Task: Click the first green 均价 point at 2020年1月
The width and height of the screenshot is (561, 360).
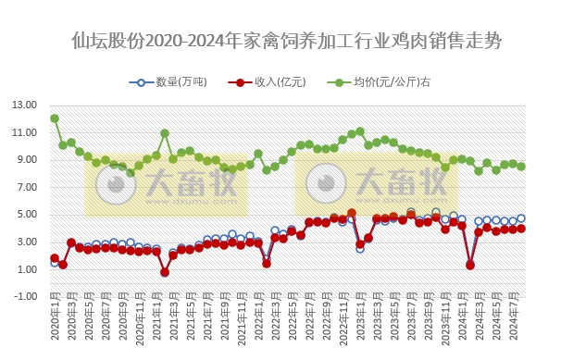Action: (55, 118)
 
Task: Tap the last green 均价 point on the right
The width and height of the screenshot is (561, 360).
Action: (521, 167)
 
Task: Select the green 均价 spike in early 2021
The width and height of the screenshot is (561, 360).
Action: (165, 133)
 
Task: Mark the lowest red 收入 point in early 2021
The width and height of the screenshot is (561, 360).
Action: (165, 272)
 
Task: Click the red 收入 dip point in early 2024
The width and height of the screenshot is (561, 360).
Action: (470, 265)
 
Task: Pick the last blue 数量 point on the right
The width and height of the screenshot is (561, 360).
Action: (521, 219)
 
